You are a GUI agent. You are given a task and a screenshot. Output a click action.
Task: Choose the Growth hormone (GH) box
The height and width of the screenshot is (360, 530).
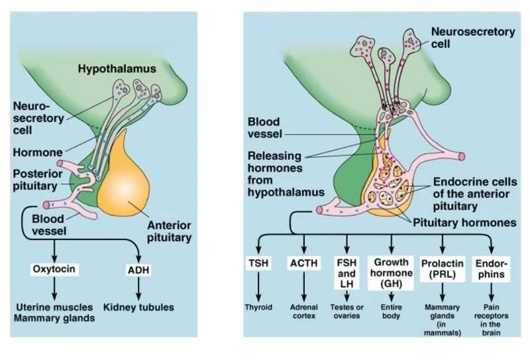(391, 272)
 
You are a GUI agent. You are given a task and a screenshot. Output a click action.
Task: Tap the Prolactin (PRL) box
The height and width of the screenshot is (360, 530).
(441, 269)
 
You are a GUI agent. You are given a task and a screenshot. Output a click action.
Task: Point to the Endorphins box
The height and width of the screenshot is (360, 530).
(491, 269)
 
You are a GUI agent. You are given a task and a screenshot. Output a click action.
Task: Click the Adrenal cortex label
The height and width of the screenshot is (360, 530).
(304, 311)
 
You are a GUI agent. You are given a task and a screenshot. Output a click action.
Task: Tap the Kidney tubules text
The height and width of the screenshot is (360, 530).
(138, 308)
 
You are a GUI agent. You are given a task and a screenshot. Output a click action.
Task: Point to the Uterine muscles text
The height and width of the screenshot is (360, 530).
(55, 308)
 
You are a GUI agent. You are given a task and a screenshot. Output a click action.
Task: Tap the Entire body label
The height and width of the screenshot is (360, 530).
(391, 311)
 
